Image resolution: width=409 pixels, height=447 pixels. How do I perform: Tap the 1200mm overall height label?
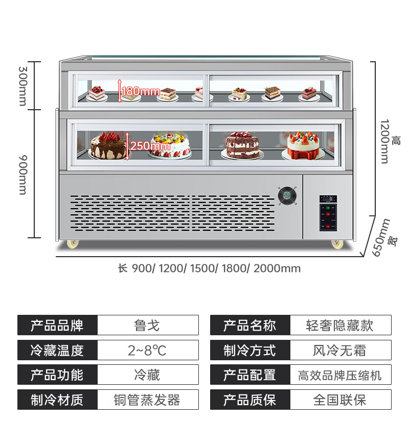pyautogui.click(x=384, y=142)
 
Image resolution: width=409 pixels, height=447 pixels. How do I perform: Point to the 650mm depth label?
pyautogui.click(x=381, y=238)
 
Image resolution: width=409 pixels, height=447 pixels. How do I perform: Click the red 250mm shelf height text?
pyautogui.click(x=150, y=146)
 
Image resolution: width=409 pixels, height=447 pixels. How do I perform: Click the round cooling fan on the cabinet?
pyautogui.click(x=286, y=196)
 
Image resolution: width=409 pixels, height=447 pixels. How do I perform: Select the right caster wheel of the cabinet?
pyautogui.click(x=336, y=244)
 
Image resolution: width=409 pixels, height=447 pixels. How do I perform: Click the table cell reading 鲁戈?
pyautogui.click(x=147, y=326)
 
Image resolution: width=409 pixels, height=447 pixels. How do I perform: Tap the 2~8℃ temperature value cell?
pyautogui.click(x=147, y=351)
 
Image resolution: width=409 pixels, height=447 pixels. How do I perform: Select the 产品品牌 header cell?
pyautogui.click(x=57, y=326)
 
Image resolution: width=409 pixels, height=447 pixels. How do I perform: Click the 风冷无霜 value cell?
pyautogui.click(x=340, y=351)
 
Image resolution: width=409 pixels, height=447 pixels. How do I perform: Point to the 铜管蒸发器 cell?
pyautogui.click(x=147, y=400)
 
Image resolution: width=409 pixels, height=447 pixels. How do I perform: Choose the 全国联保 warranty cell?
pyautogui.click(x=340, y=400)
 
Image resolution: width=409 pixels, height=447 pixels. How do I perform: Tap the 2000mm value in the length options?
pyautogui.click(x=277, y=268)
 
